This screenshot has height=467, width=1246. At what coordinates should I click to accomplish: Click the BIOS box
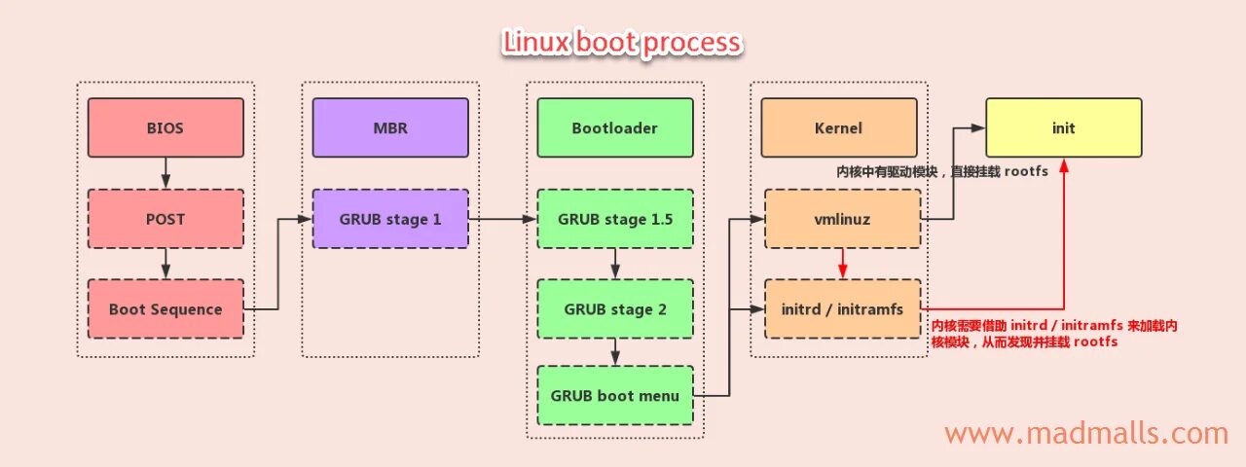click(165, 127)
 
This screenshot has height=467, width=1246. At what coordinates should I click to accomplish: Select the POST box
click(165, 219)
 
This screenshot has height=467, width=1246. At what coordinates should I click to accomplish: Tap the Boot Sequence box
click(165, 309)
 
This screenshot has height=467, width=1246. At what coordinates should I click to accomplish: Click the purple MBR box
click(389, 127)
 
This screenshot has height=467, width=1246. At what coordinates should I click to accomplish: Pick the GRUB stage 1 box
click(389, 219)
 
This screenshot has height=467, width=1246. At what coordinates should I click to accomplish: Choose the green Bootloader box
click(614, 127)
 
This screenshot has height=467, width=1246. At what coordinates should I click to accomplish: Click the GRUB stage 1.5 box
click(614, 219)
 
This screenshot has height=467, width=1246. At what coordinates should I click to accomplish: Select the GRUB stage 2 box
click(614, 309)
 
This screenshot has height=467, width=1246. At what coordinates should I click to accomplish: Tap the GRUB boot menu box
click(614, 396)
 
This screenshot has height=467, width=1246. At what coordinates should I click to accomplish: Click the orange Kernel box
click(838, 127)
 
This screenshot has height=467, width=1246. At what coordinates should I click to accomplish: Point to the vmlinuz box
click(842, 219)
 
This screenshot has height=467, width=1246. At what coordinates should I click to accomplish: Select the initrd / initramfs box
click(842, 309)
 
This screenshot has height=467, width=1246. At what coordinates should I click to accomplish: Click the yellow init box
click(1063, 127)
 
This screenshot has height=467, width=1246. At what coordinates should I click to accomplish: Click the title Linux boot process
click(622, 43)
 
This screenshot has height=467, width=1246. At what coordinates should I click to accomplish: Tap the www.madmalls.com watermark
click(1086, 433)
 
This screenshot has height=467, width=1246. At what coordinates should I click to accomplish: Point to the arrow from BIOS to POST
click(165, 173)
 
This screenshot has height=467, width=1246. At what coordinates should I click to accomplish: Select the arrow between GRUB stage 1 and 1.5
click(502, 219)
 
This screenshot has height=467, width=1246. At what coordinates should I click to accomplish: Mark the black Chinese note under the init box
click(942, 171)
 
